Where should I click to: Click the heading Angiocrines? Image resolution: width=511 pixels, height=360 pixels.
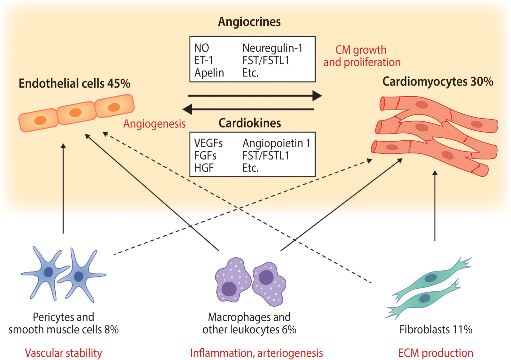tap(249, 22)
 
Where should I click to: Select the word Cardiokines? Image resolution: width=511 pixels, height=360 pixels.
tap(250, 123)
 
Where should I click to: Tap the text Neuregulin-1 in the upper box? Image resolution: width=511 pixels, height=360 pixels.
tap(272, 48)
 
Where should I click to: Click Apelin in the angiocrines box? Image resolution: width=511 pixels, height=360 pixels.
tap(209, 73)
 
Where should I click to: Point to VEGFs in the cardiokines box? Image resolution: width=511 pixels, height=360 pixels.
tap(208, 143)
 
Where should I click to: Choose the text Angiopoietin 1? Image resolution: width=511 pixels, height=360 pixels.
tap(276, 143)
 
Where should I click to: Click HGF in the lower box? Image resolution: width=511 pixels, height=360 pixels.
tap(204, 168)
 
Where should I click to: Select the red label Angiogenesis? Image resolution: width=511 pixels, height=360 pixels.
tap(154, 124)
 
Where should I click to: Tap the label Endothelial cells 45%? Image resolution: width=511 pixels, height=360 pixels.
tap(75, 83)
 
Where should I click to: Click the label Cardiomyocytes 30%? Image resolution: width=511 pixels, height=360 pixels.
tap(438, 82)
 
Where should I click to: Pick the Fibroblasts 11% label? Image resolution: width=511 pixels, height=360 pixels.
tap(436, 330)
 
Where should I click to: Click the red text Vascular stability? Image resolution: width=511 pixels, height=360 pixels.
tap(64, 353)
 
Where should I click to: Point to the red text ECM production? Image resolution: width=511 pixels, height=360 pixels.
tap(436, 353)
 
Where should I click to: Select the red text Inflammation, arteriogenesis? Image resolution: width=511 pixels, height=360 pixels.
tap(256, 353)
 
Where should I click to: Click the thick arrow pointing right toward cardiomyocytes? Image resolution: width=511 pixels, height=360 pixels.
tap(255, 96)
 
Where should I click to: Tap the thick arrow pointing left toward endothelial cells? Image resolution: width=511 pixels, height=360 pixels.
tap(248, 109)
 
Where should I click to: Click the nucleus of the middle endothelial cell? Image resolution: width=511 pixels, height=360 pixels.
tap(75, 113)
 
